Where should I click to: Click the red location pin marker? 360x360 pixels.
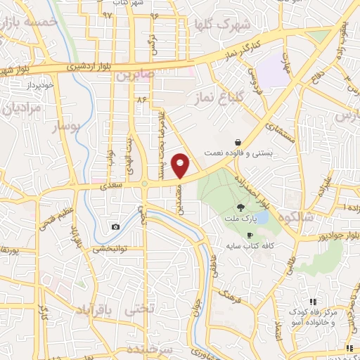point(181,166)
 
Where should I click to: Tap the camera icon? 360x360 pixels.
point(115,227)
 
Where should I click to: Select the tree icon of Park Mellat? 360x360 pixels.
point(241,207)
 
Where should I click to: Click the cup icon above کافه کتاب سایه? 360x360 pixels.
point(249,235)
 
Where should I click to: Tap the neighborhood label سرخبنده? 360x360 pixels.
point(151,349)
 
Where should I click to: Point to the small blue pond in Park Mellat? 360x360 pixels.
point(262,217)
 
